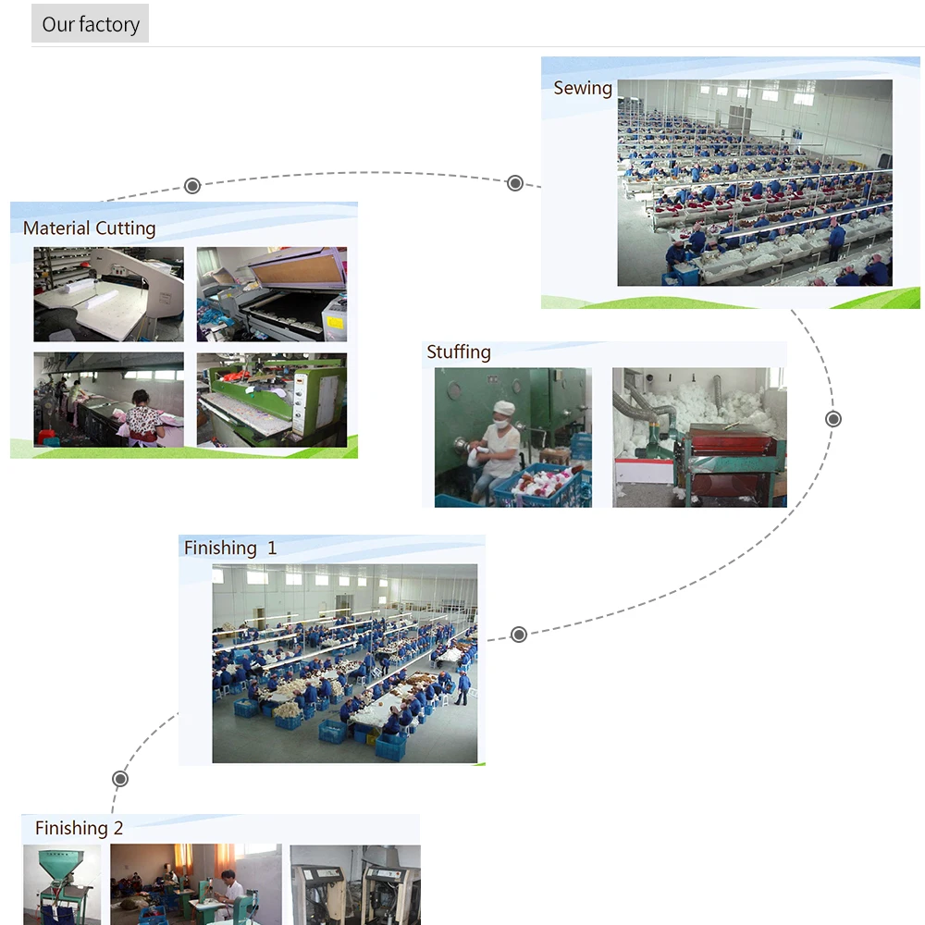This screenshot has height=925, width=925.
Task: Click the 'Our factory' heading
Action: [91, 24]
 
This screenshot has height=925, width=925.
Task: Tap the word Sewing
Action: [583, 88]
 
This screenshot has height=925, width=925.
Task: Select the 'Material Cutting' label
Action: [89, 228]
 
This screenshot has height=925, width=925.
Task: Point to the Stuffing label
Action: [459, 352]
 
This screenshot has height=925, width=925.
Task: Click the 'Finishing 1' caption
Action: [230, 549]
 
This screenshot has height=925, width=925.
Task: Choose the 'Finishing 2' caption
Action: [79, 828]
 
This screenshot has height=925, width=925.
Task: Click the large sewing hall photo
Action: [755, 182]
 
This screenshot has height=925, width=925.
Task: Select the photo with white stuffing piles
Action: [699, 437]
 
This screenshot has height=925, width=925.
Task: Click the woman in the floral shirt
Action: [142, 421]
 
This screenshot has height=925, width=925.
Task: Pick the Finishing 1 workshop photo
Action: [345, 663]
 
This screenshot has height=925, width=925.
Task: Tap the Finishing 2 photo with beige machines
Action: [355, 885]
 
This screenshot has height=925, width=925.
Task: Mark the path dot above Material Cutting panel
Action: [192, 186]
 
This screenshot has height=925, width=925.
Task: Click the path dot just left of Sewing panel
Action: [515, 183]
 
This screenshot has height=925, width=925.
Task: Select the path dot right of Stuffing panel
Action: [833, 419]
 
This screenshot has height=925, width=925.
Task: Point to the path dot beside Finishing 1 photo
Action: [519, 635]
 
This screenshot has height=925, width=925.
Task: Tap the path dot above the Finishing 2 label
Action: [120, 779]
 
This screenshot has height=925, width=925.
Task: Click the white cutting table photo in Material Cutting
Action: [109, 294]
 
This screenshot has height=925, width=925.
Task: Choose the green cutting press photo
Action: [272, 400]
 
